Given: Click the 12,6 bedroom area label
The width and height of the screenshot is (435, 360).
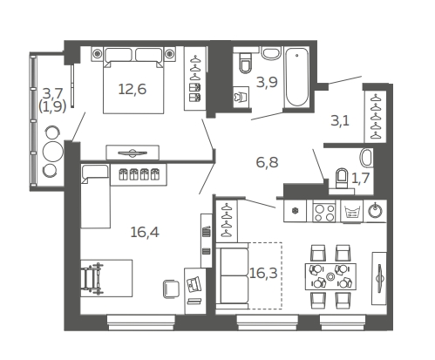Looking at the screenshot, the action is click(x=133, y=89).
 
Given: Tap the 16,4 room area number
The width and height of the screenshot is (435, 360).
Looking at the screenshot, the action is click(x=145, y=232).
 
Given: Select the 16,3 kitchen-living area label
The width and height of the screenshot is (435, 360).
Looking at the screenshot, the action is click(x=263, y=273).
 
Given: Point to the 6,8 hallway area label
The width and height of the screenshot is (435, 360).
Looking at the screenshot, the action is click(x=267, y=162).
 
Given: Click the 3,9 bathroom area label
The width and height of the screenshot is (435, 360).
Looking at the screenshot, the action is click(x=267, y=82).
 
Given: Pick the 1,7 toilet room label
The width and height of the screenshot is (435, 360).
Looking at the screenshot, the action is click(x=360, y=178).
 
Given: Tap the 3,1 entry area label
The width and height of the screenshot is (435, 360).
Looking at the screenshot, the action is click(x=340, y=120).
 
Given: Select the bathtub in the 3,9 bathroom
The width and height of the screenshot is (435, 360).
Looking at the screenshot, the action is click(x=296, y=78).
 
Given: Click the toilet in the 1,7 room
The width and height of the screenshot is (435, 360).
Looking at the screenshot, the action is click(x=341, y=178).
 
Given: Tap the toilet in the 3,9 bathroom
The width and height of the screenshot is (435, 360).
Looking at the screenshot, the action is click(x=246, y=63).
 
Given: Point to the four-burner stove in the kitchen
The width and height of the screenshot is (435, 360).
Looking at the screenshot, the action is click(x=323, y=212).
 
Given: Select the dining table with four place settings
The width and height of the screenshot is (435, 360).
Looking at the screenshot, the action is click(x=330, y=276).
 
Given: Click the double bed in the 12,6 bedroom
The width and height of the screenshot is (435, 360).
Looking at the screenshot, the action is click(x=133, y=80).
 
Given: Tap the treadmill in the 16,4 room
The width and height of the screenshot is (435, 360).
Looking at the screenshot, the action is click(x=92, y=278).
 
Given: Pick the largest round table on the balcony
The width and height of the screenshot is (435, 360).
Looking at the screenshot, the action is click(x=53, y=152).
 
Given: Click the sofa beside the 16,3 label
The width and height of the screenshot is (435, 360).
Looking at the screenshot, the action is click(x=233, y=275).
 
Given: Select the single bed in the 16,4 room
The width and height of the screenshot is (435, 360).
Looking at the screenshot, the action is click(x=96, y=196).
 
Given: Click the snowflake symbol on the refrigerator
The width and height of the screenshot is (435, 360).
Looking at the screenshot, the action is click(x=295, y=211).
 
